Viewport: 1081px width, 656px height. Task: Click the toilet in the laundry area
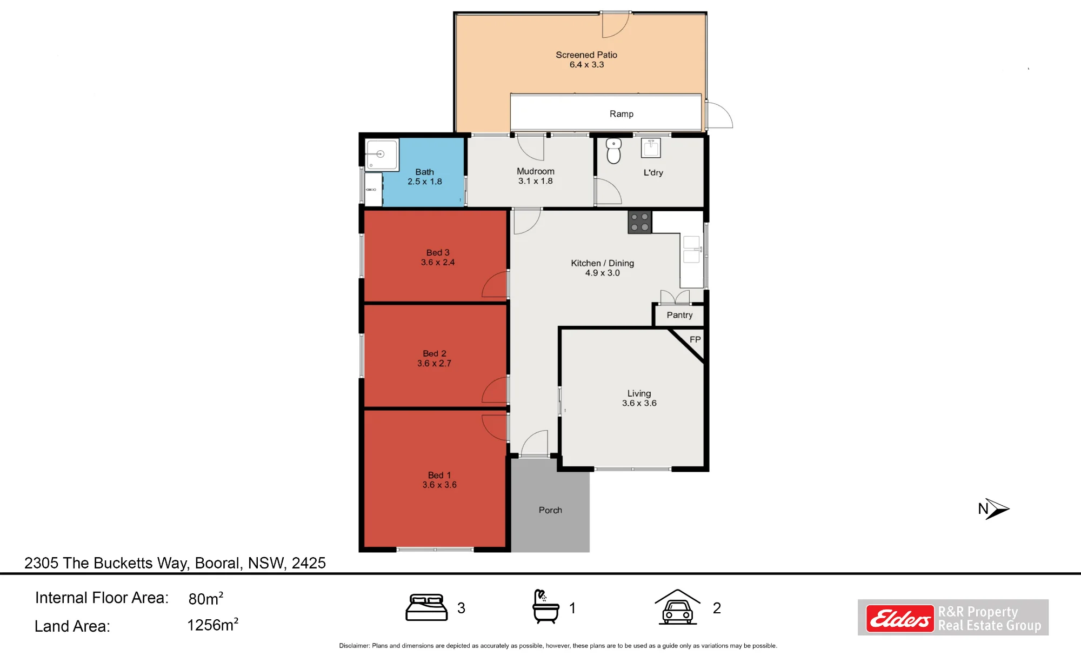(x=613, y=151)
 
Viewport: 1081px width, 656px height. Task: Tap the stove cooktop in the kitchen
(x=639, y=222)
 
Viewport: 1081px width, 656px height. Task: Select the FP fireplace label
(x=695, y=339)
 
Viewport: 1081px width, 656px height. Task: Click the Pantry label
(x=679, y=315)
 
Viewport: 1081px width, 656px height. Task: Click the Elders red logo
(x=900, y=618)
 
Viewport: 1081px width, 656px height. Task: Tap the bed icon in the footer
(x=426, y=607)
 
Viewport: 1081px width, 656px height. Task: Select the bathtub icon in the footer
(x=545, y=606)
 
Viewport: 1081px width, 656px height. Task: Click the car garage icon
(x=677, y=607)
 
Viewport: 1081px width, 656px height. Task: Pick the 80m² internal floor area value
(x=206, y=598)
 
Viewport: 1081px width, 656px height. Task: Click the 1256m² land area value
(x=212, y=625)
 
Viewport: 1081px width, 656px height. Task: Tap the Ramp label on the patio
(x=622, y=114)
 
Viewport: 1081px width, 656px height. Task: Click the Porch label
(x=550, y=510)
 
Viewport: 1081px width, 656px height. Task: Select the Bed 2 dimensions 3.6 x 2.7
(x=434, y=364)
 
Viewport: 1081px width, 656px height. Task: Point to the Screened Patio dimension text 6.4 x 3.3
(x=586, y=65)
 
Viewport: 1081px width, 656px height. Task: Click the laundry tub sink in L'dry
(x=651, y=148)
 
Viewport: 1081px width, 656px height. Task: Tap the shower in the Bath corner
(x=382, y=155)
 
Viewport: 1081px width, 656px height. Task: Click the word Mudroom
(x=536, y=171)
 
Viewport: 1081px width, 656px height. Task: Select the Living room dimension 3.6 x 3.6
(x=639, y=403)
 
